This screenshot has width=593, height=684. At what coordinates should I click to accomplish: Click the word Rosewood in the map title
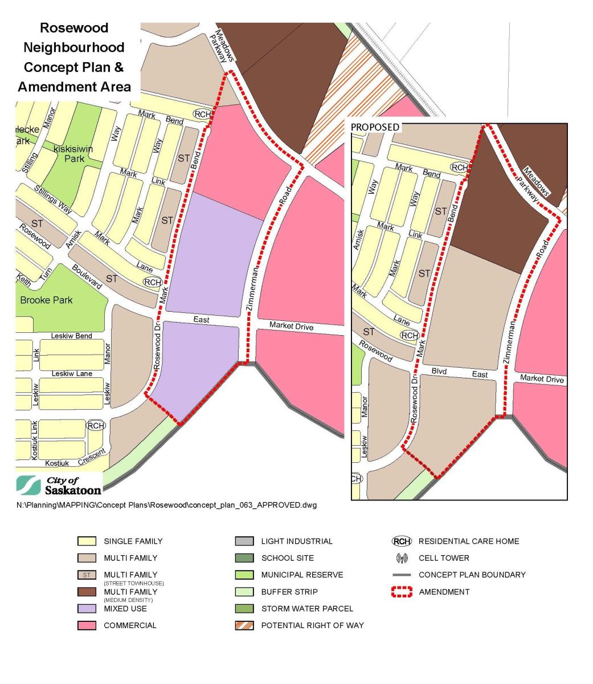coord(74,28)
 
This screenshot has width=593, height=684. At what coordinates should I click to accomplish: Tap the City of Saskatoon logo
coord(60,484)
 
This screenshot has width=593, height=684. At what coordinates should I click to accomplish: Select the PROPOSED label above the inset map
coord(375,127)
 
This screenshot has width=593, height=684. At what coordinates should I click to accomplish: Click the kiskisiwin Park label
coord(74,153)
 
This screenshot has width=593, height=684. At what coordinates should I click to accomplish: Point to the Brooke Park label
coord(46,300)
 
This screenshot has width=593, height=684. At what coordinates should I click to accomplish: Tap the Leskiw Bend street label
coord(71,336)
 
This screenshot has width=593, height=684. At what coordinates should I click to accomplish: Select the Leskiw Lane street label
coord(71,374)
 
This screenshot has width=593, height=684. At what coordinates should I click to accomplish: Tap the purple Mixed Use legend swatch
coord(87,609)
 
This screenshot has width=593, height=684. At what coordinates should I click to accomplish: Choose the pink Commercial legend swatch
coord(87,625)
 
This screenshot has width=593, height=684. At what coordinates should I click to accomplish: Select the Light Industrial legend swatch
coord(244,541)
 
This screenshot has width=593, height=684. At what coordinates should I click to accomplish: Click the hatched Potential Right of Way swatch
coord(244,625)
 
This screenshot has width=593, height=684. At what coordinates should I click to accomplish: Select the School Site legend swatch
coord(244,558)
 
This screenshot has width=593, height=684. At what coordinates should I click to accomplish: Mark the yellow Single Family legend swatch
coord(87,541)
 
